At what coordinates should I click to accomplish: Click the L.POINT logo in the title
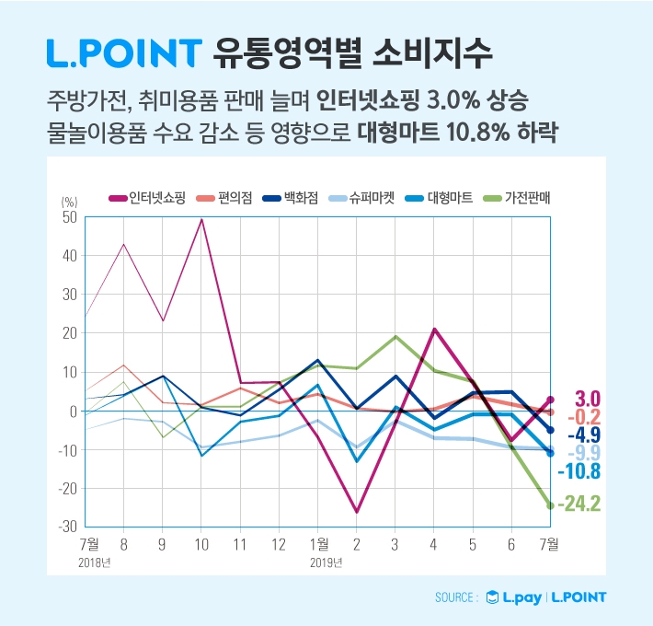point(123,52)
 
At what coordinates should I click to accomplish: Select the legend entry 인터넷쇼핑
point(150,197)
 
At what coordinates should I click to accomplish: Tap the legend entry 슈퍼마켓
point(361,197)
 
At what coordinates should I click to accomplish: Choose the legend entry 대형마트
point(439,197)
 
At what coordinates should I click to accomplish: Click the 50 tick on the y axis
point(69,217)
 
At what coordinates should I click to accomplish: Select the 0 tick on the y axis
point(74,411)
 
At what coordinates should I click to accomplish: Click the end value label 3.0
point(587,399)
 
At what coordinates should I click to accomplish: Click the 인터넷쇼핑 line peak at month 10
point(201,219)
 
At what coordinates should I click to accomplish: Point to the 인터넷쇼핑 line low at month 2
point(356,512)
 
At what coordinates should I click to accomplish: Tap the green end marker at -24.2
point(550,504)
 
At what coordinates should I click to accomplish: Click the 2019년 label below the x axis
point(326,562)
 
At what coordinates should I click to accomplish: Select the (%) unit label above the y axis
point(69,202)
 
